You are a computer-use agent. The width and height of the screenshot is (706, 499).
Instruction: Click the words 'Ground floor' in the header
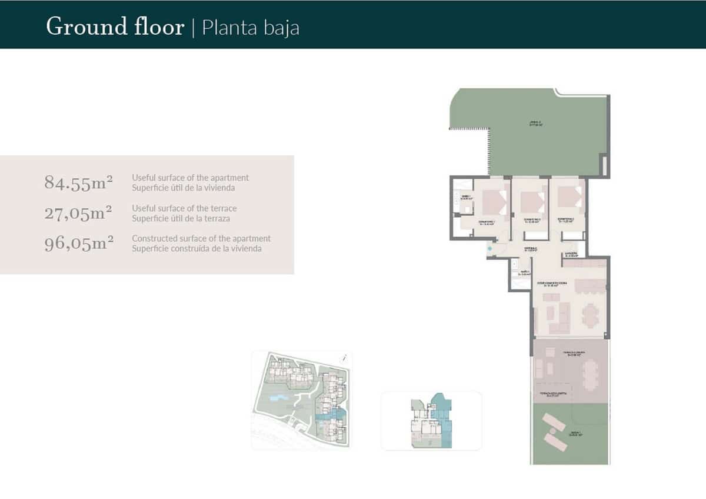click(115, 27)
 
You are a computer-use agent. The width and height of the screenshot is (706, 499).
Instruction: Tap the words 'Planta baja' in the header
click(251, 28)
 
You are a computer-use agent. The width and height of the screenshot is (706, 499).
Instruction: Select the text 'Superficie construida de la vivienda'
click(197, 249)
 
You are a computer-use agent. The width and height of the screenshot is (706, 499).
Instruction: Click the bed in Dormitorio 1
click(493, 202)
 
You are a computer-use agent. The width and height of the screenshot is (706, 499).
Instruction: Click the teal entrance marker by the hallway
click(489, 249)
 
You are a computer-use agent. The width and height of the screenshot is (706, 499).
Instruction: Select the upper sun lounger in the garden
click(554, 423)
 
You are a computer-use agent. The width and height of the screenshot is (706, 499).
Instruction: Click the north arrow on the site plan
click(345, 357)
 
